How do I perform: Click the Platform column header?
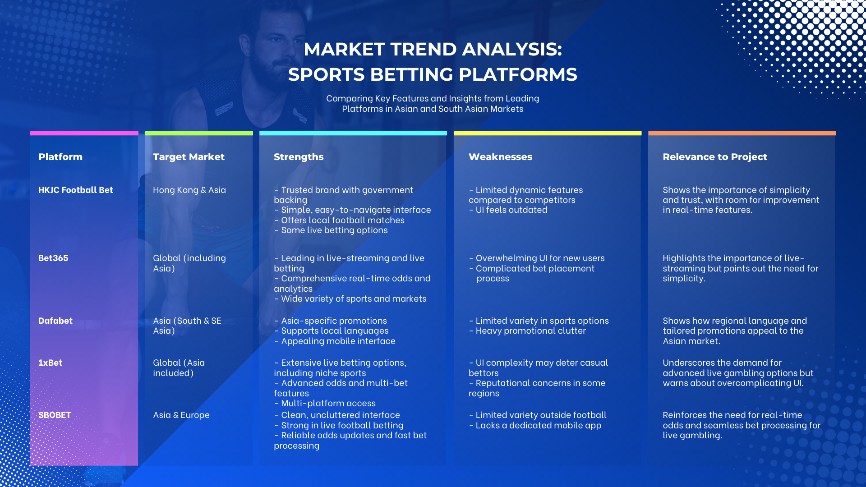(60, 157)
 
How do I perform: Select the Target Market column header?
(189, 157)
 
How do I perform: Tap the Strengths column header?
(299, 157)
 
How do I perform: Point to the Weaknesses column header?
(500, 157)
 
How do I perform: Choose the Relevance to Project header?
(715, 157)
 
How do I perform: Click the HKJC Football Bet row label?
(76, 190)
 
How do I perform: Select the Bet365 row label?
(53, 258)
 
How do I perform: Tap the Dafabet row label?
(55, 321)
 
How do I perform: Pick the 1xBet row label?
(51, 363)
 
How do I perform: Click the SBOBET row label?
(55, 415)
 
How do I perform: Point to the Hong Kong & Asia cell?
(189, 190)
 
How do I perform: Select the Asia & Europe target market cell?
(181, 415)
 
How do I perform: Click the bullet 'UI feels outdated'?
(508, 210)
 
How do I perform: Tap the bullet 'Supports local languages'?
(331, 331)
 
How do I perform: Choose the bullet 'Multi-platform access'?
(325, 404)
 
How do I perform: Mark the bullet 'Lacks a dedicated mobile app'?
(535, 426)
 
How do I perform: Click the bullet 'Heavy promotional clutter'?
(527, 331)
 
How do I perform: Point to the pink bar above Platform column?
(84, 133)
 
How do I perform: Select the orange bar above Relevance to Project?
(742, 133)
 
